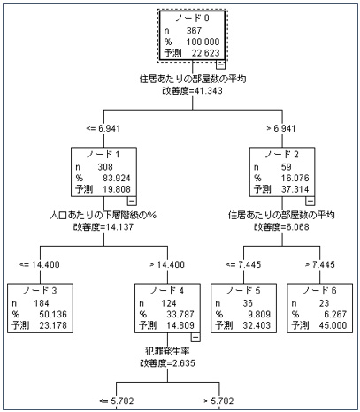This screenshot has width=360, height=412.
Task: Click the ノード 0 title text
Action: [x=192, y=19]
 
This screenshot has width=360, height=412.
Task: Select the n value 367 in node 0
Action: [x=194, y=31]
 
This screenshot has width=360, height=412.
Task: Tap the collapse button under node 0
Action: [x=220, y=65]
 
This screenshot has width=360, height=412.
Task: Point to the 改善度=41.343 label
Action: [x=192, y=91]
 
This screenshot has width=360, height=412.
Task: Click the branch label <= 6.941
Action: [x=103, y=128]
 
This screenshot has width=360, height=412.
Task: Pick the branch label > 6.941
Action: [x=281, y=128]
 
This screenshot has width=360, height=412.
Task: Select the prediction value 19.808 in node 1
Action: [x=117, y=189]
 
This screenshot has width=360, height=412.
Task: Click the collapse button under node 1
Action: [x=132, y=201]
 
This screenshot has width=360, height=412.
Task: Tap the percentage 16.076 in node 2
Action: [x=295, y=178]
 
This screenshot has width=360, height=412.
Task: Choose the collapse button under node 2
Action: [x=310, y=201]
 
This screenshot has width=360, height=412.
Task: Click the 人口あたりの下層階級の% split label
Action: [x=103, y=216]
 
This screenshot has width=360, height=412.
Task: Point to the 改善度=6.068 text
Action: [x=281, y=227]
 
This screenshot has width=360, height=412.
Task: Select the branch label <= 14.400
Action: [x=40, y=264]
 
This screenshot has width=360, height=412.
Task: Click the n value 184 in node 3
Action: [x=42, y=303]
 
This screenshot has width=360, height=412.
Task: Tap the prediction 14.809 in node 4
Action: [x=180, y=325]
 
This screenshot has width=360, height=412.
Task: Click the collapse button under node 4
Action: [x=195, y=338]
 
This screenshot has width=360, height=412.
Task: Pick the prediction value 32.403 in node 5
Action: [x=257, y=325]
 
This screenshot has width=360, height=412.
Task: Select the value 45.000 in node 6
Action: [x=333, y=325]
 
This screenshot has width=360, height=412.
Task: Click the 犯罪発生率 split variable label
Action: [x=167, y=351]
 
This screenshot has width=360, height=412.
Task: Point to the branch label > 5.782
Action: [x=218, y=401]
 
